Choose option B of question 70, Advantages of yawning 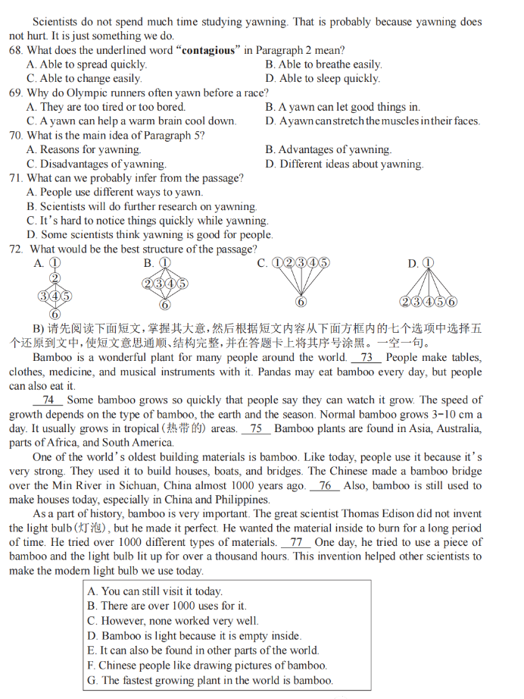coord(328,149)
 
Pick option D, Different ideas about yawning coord(345,164)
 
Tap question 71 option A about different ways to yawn coord(114,192)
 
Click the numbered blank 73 coord(366,357)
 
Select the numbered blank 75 coord(256,428)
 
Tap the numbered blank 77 coord(295,542)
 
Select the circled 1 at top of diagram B coord(164,263)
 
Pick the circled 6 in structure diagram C coord(301,302)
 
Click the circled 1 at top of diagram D coord(428,263)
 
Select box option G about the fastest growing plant coord(210,680)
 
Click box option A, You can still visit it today coord(154,591)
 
